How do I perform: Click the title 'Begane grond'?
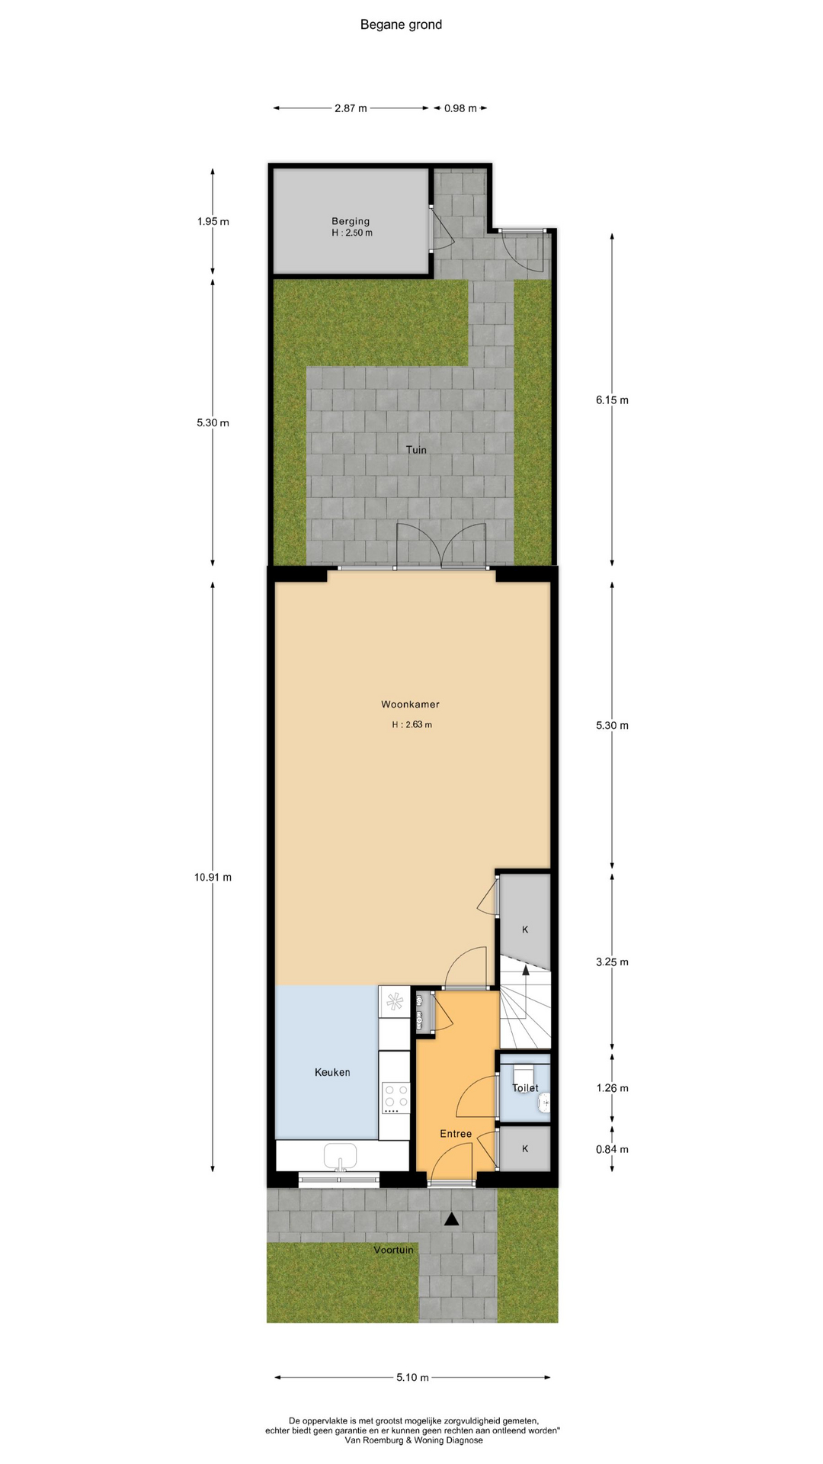pyautogui.click(x=401, y=24)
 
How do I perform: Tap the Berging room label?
pyautogui.click(x=351, y=221)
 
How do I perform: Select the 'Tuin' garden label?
pyautogui.click(x=416, y=450)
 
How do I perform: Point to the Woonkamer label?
pyautogui.click(x=410, y=705)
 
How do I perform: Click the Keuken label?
pyautogui.click(x=332, y=1072)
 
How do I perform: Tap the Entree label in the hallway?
pyautogui.click(x=456, y=1134)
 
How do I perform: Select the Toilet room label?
pyautogui.click(x=525, y=1088)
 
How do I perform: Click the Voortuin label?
pyautogui.click(x=393, y=1250)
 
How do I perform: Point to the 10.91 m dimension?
pyautogui.click(x=213, y=877)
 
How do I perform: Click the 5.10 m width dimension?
pyautogui.click(x=412, y=1377)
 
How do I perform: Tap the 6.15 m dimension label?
pyautogui.click(x=612, y=400)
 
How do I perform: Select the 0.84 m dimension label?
pyautogui.click(x=612, y=1149)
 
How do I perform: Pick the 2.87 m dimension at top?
pyautogui.click(x=351, y=108)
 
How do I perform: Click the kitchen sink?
pyautogui.click(x=341, y=1156)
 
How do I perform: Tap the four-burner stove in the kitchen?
pyautogui.click(x=395, y=1099)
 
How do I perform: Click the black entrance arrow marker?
pyautogui.click(x=452, y=1219)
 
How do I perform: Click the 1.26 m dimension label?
pyautogui.click(x=612, y=1088)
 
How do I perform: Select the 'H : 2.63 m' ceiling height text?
pyautogui.click(x=411, y=724)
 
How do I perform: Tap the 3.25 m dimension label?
pyautogui.click(x=612, y=962)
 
